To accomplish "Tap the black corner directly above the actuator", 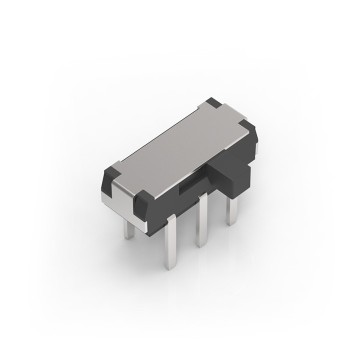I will pyautogui.click(x=244, y=121).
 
